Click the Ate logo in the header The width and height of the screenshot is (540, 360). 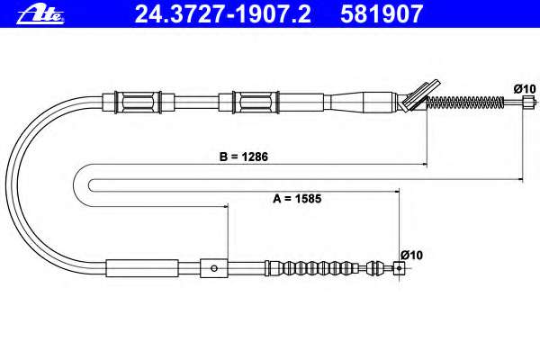coord(40,15)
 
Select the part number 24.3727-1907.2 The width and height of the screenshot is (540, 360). coord(223,14)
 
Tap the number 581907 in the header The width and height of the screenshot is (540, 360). coord(382,14)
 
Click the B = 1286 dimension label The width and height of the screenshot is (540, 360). coord(244,157)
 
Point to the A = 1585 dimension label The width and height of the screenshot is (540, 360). coord(297,199)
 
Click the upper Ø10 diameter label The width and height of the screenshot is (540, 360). coord(525,89)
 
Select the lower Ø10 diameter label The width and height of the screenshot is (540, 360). coord(411,256)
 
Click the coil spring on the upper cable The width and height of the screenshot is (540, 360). coord(465,102)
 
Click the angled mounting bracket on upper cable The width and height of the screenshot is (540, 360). coord(418,95)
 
